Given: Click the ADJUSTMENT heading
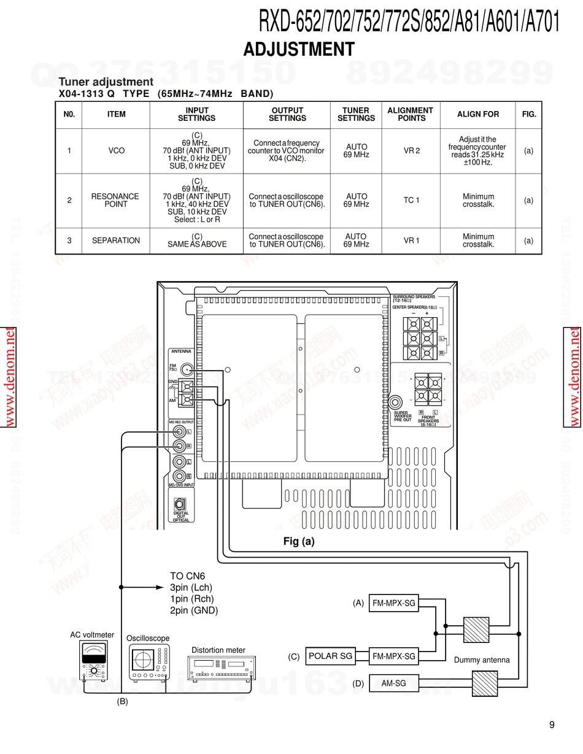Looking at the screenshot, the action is pos(299,49).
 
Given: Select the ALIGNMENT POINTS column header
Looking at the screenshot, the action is pos(410,114).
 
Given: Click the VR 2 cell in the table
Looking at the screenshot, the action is pos(411,151).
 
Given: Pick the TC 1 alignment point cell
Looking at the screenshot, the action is pos(411,201).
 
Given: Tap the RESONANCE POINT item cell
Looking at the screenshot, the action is pos(115,201).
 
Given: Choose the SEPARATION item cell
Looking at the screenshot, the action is pos(116,241).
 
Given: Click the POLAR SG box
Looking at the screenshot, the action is pos(331,656).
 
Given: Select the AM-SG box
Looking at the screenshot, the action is pos(393,683).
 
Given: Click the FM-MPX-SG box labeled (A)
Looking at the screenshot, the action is pos(393,604).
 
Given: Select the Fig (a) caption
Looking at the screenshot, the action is pos(299,542).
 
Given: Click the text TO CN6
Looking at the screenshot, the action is pos(187,576).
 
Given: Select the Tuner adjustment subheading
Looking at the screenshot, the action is pos(106,82).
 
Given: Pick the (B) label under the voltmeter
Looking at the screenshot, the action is pos(122,701).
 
